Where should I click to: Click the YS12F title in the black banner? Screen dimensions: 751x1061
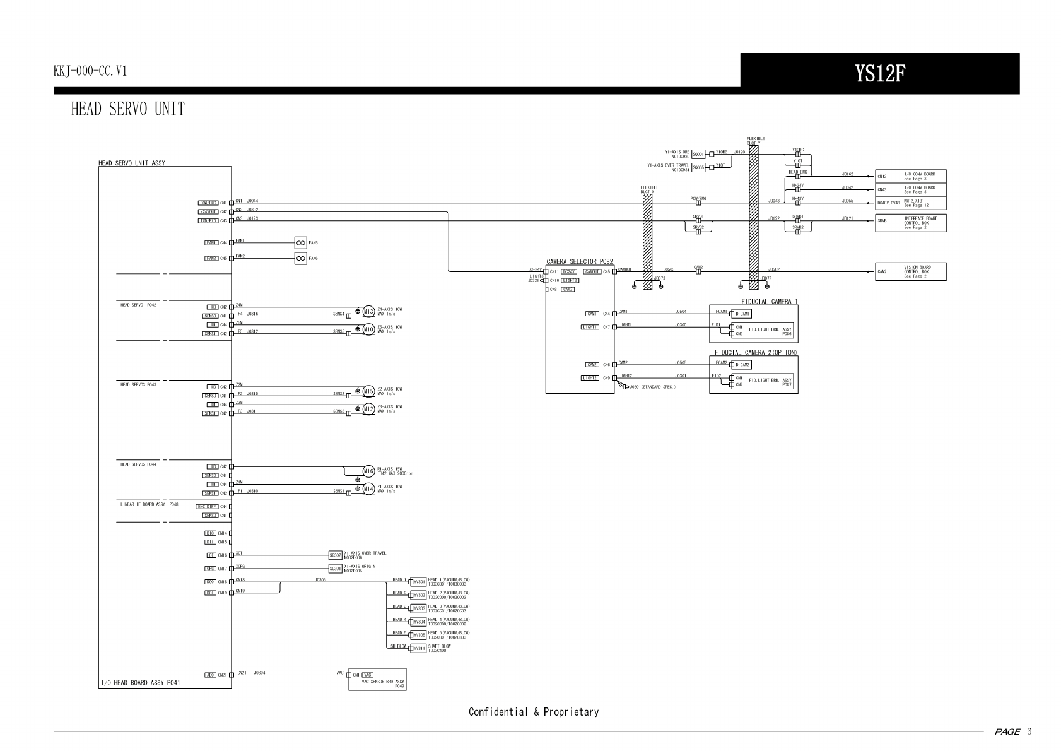point(880,74)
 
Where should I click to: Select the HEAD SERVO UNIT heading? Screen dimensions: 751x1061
point(127,109)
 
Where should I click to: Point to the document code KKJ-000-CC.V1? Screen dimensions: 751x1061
point(90,71)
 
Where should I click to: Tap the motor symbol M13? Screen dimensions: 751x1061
point(369,311)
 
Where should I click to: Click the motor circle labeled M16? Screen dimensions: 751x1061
point(369,471)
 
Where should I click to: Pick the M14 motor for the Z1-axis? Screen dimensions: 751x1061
point(369,488)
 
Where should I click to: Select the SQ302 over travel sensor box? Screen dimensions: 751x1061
point(336,555)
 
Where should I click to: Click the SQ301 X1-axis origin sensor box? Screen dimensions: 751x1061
point(336,568)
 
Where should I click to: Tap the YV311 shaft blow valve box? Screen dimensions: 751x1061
point(419,648)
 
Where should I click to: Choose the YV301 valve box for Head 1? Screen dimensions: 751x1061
point(419,582)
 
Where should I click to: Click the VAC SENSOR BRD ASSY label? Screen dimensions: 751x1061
point(383,682)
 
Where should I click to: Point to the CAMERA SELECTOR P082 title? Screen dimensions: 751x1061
point(579,261)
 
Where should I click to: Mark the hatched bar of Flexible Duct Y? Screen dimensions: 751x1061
point(753,215)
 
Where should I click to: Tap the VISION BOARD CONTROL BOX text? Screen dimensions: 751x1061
point(917,271)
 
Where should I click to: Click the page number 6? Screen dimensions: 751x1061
point(1029,731)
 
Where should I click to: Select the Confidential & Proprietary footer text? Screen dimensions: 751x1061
point(534,712)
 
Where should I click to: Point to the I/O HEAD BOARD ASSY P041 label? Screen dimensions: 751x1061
point(141,682)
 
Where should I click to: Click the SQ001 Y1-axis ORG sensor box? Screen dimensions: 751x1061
point(698,153)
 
